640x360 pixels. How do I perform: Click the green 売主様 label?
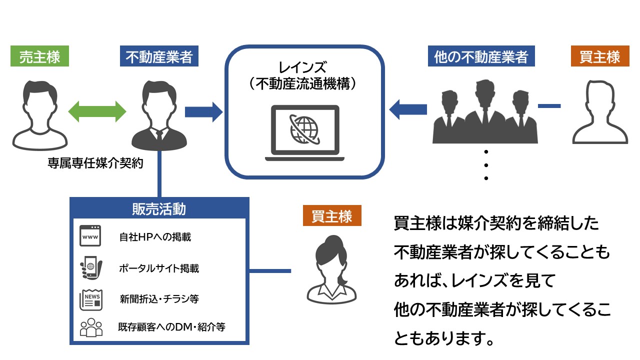39,56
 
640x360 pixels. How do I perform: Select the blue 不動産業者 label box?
159,56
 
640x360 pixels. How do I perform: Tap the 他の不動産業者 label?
481,56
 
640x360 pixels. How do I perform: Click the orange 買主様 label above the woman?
332,215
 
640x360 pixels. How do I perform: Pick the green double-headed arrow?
97,111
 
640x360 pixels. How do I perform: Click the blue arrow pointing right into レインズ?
203,112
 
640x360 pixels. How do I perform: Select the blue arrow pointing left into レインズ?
408,109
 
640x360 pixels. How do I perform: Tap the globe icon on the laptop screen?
304,129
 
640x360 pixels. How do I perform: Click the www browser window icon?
90,235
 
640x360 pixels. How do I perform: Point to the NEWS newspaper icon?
91,299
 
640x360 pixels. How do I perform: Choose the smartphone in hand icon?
91,267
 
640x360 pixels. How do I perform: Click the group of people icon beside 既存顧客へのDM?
91,327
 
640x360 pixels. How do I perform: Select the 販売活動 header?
159,209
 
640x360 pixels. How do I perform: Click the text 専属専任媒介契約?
95,163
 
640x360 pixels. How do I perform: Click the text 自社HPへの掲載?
155,237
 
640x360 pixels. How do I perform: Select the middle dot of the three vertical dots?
486,165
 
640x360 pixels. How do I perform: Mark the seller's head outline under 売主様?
40,107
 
